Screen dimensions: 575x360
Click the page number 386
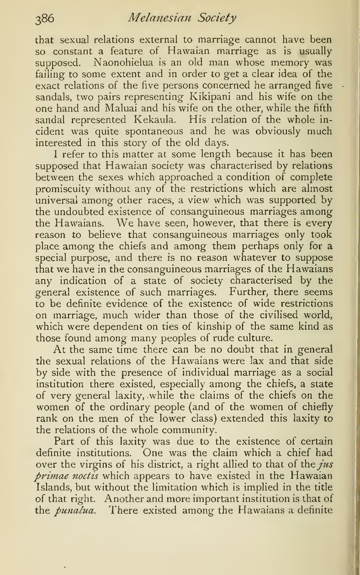click(x=45, y=19)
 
